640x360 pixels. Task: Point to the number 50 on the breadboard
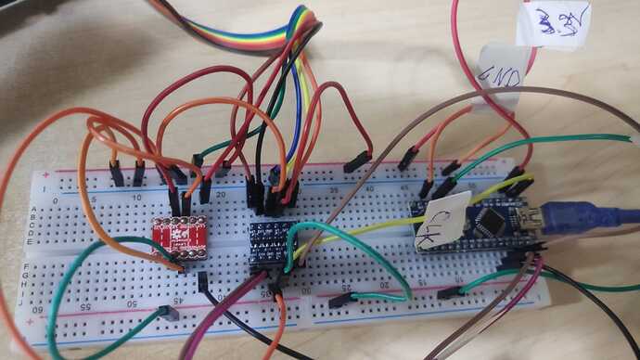pyautogui.click(x=133, y=301)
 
